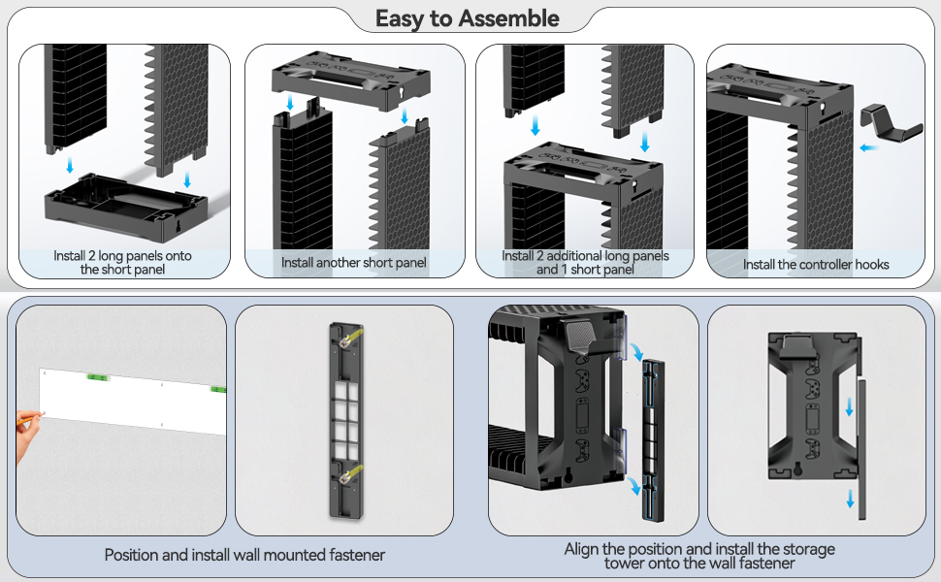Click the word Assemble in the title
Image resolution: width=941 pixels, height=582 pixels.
tap(509, 18)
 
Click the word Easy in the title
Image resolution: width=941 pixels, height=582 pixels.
tap(401, 19)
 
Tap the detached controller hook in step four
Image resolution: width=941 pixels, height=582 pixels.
tap(890, 123)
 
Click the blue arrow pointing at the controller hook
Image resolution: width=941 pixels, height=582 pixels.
tap(868, 147)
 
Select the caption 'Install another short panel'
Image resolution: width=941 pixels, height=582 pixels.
tap(353, 263)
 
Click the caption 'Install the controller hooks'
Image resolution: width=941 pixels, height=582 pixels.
tap(816, 265)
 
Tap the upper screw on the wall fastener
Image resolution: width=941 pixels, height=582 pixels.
tap(345, 341)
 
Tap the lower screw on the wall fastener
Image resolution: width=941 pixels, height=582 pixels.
tap(345, 477)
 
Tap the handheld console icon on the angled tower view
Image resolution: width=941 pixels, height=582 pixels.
tap(581, 414)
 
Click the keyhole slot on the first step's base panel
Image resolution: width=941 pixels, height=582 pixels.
tap(178, 227)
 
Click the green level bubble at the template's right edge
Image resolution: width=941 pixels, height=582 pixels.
tap(218, 390)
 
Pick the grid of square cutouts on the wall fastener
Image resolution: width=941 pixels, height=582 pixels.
tap(345, 420)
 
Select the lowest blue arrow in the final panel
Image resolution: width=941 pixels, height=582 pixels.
tap(851, 498)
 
